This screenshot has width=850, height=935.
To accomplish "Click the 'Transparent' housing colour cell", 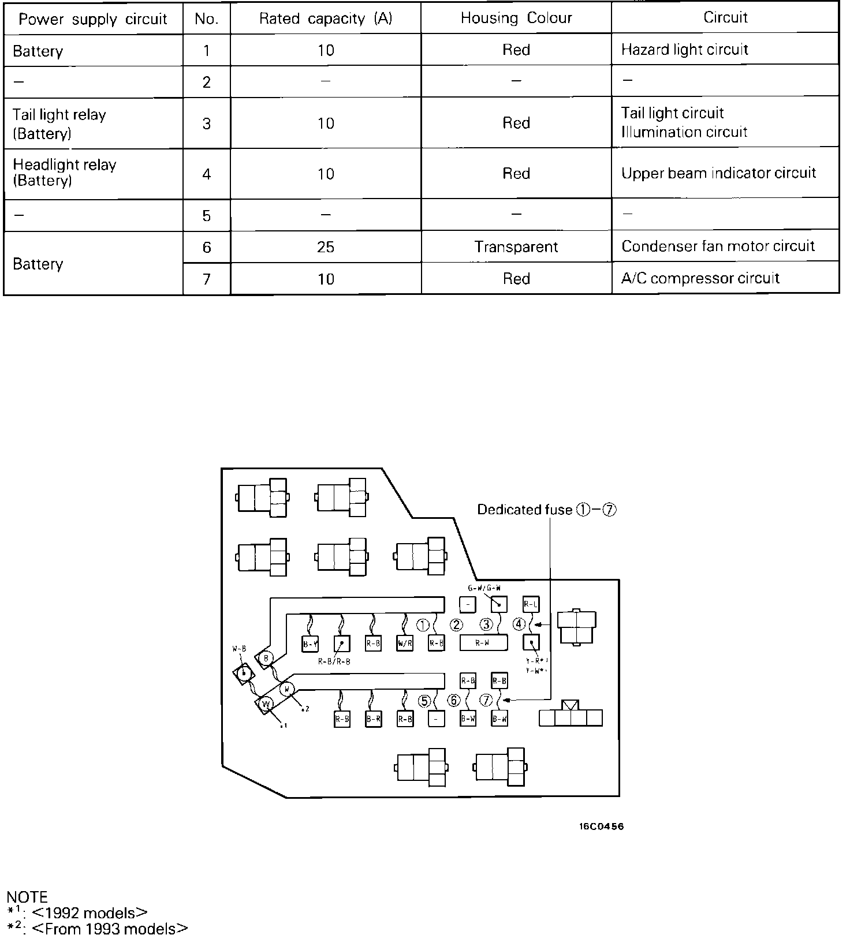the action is coord(516,247).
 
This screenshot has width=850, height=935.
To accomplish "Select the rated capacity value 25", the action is coord(326,247).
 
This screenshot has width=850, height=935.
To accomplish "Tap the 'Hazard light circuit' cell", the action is coord(684,50).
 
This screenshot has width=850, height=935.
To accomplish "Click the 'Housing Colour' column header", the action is coord(516,18).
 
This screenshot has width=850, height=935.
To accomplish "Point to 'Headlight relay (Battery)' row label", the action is coord(65,173).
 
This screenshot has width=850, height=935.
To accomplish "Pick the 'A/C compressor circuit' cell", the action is coord(700,279).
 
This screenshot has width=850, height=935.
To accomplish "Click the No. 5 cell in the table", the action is coord(207,215).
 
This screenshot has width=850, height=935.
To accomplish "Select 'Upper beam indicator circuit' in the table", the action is coord(718,173).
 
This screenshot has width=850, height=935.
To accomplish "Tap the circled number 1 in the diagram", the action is coord(423,625).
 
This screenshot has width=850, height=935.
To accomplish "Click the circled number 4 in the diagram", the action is coord(519,624).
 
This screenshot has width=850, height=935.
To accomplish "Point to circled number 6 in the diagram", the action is coord(454,701).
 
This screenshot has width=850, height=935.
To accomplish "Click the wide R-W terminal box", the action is coord(483,642).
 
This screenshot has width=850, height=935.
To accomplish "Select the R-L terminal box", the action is coord(531,604).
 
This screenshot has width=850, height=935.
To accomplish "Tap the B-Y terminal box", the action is coord(311,644).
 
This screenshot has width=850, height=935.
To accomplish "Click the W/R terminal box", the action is coord(405,643).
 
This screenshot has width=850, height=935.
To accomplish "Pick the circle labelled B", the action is coord(266,658).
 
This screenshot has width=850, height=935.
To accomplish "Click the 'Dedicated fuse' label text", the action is coord(524,510).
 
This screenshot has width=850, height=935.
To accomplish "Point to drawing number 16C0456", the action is coord(601,826).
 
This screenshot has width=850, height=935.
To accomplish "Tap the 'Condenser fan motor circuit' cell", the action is coord(718,246).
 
